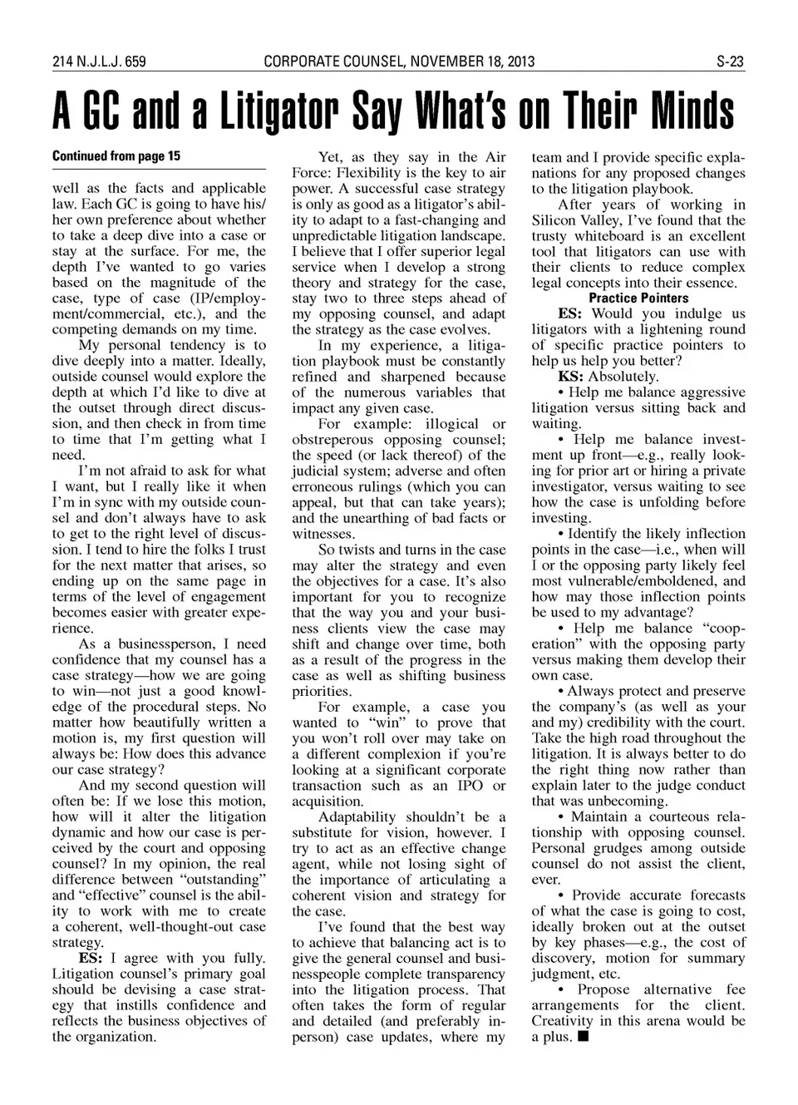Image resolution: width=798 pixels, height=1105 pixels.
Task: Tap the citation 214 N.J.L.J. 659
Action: (99, 62)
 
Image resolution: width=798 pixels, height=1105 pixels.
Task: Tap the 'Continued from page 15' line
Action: (116, 156)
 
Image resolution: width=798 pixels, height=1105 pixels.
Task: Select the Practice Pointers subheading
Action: (638, 298)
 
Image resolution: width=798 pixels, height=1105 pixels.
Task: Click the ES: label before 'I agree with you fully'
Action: (91, 958)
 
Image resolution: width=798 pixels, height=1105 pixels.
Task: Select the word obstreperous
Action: (337, 440)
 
